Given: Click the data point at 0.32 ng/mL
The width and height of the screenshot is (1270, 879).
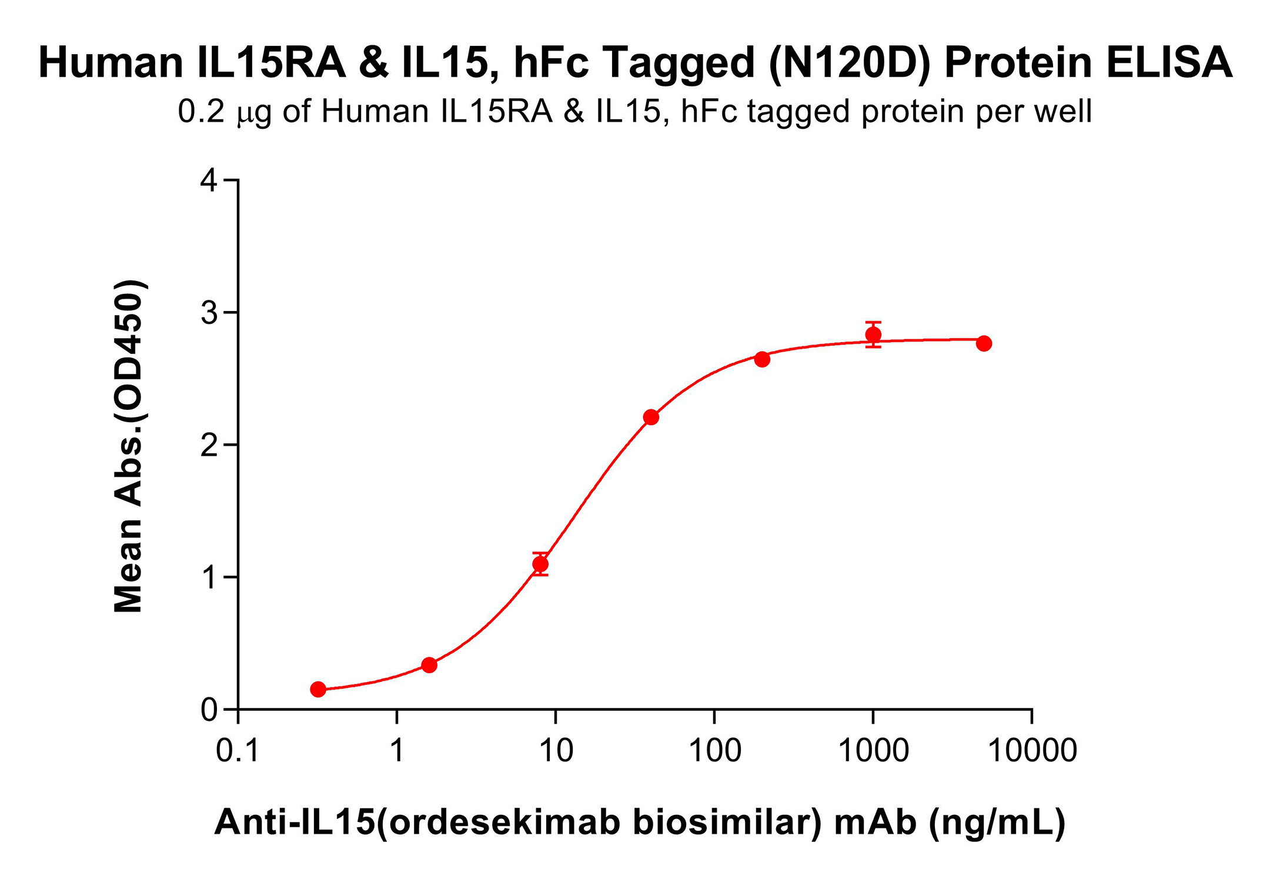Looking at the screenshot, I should pos(318,689).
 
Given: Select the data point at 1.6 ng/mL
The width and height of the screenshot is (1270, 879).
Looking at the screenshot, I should pos(429,665).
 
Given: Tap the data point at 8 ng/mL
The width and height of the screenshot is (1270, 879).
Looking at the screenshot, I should pos(540,564).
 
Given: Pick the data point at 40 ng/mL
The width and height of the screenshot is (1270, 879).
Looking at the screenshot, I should pos(651,417).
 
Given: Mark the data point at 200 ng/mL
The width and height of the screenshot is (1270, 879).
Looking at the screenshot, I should pos(762,359).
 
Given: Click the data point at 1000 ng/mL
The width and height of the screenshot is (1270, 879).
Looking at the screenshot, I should pos(873,335).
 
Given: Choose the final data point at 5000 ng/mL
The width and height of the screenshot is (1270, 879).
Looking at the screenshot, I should pos(984,343).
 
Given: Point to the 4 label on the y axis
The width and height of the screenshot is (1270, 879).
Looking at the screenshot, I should pos(209,181).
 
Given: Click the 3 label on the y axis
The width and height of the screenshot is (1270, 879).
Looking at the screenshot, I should pos(209,313).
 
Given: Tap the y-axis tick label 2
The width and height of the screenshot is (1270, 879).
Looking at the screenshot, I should pos(209,445).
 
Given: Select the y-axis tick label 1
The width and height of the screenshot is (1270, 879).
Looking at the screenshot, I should pos(209,577).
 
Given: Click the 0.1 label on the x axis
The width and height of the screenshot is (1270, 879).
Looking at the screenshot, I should pos(238,751).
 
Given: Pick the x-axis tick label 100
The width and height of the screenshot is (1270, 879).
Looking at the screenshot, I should pos(714,751).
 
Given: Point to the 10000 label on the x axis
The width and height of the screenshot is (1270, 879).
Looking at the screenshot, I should pos(1032,751).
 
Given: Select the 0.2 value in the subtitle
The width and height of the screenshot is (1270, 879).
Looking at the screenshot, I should pos(201,111).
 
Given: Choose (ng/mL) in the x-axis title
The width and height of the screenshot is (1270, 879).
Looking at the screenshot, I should pos(997,822).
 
